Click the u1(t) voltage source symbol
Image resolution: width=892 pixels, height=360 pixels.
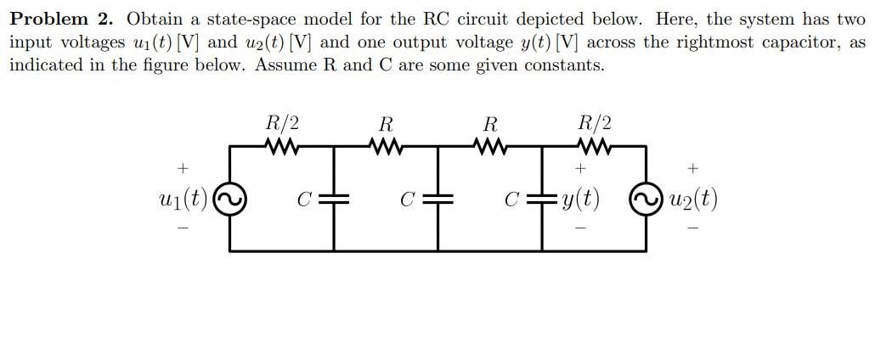[229, 200]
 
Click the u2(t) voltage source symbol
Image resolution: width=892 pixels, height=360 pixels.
[646, 200]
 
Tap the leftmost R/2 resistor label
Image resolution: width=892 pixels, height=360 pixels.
[282, 123]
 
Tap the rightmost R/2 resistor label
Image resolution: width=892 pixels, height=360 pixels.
[594, 123]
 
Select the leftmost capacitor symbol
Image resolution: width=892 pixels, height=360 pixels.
[334, 200]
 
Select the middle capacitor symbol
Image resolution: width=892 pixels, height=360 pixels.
[438, 200]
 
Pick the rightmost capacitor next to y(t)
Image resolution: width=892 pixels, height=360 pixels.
[542, 200]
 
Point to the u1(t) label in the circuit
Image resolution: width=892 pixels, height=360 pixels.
[183, 200]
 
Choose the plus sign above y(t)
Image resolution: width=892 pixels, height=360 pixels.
[579, 168]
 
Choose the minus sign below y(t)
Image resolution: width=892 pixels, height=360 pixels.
[579, 228]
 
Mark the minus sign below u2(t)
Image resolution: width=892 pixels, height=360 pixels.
[693, 228]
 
